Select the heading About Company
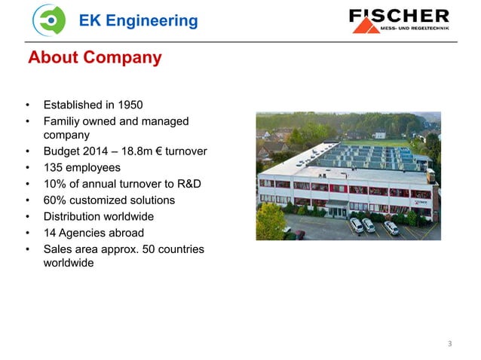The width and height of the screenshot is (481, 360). (x=94, y=58)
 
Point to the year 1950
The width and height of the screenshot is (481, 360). (x=128, y=104)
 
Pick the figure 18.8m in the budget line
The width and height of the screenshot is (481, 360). (x=147, y=152)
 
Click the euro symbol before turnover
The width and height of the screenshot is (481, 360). (x=170, y=152)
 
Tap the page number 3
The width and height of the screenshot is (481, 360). (x=450, y=344)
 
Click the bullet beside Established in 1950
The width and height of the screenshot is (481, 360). (x=28, y=104)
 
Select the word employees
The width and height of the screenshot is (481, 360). (x=94, y=168)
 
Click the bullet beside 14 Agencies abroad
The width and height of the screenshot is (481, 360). (x=28, y=233)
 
